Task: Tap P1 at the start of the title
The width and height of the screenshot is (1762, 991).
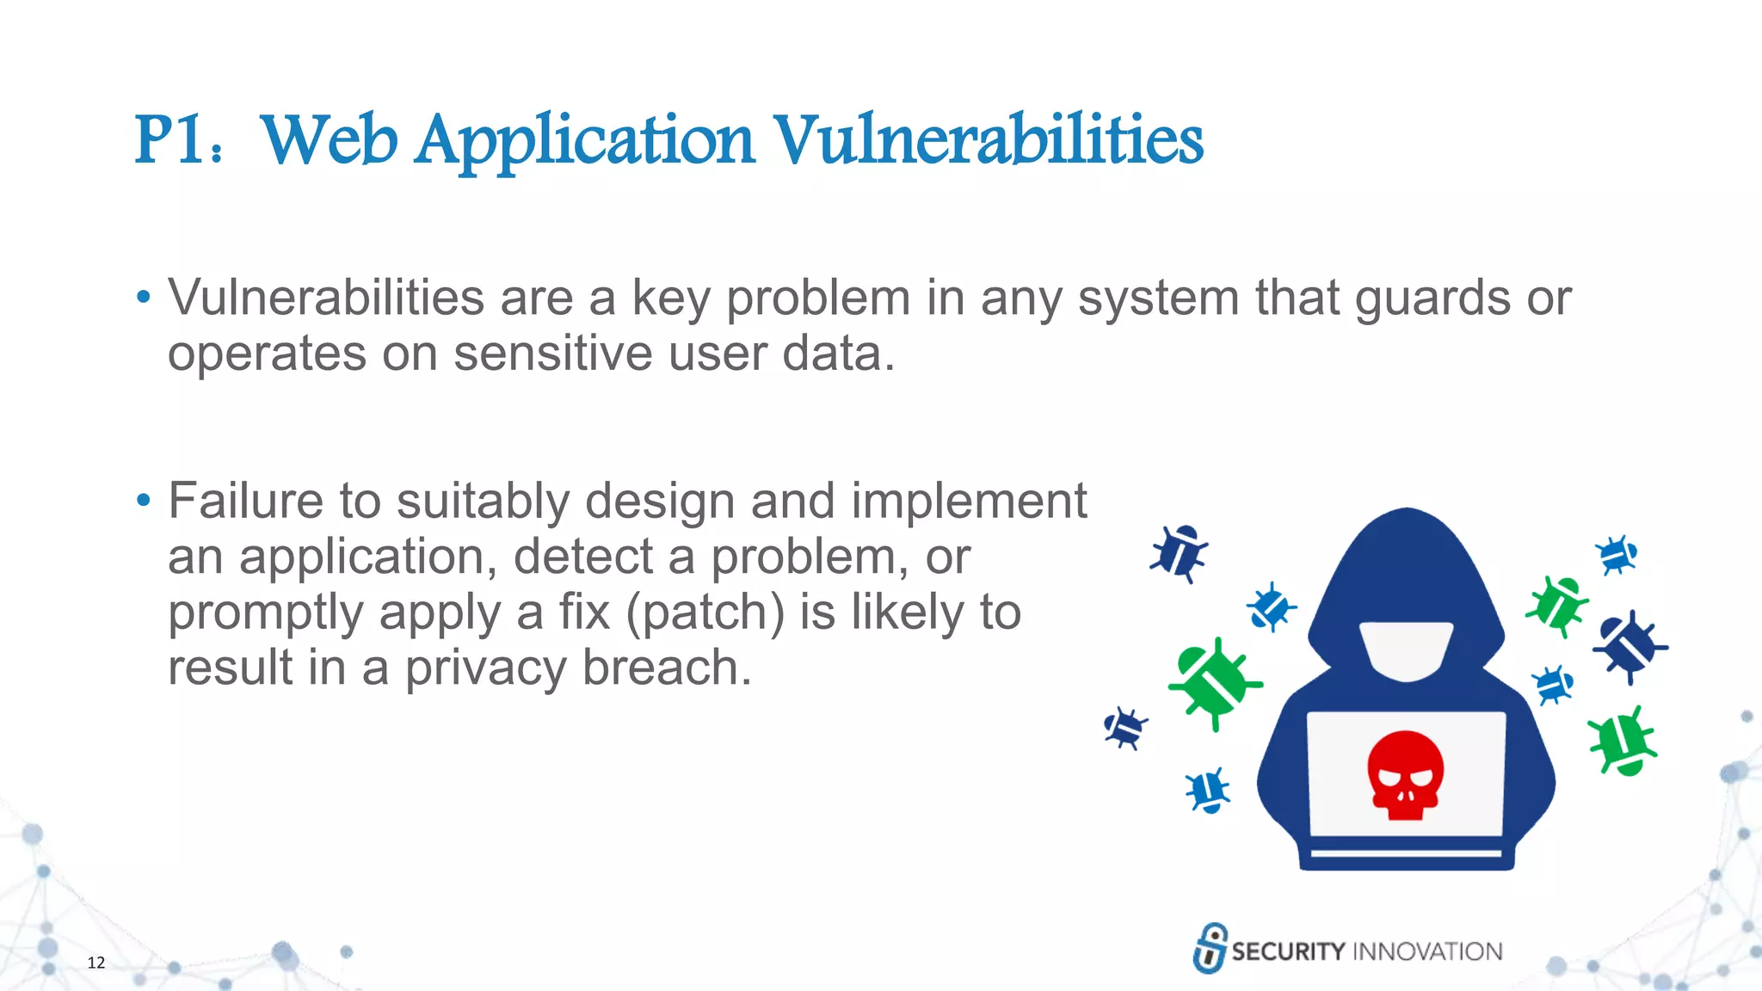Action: (x=169, y=140)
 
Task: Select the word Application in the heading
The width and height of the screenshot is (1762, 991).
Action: (x=585, y=142)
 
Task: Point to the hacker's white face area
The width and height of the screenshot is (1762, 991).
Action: (x=1406, y=650)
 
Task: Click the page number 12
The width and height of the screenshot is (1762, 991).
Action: (x=96, y=963)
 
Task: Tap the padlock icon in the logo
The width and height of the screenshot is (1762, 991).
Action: (x=1210, y=948)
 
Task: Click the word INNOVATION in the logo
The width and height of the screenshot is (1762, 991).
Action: (x=1427, y=951)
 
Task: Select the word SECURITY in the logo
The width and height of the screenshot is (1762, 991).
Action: (x=1287, y=951)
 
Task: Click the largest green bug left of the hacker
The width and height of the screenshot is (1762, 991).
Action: (x=1214, y=684)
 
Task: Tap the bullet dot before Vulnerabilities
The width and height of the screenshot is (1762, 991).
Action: (x=144, y=299)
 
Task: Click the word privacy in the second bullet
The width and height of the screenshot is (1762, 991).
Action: (x=485, y=669)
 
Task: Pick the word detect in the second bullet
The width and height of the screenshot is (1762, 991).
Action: (x=583, y=557)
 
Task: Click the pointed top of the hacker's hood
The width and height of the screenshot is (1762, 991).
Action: (x=1407, y=514)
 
